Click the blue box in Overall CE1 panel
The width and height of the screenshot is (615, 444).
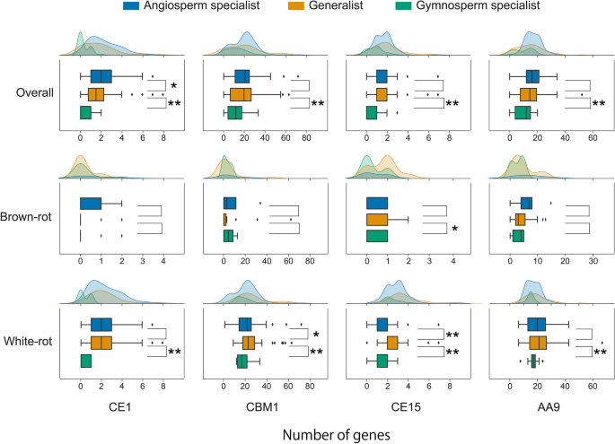pyautogui.click(x=101, y=76)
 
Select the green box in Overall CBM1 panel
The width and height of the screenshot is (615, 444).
pyautogui.click(x=234, y=112)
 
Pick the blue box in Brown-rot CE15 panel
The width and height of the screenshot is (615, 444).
pyautogui.click(x=377, y=203)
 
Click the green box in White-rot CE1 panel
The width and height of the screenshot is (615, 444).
pyautogui.click(x=86, y=361)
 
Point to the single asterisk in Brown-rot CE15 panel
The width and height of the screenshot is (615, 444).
pyautogui.click(x=455, y=229)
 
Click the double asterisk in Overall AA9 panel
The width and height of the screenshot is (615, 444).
pyautogui.click(x=598, y=104)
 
